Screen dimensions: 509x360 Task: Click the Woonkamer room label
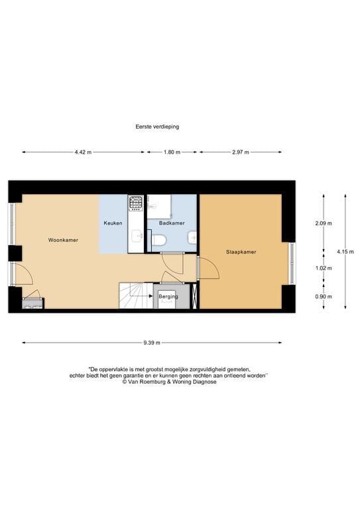(x=63, y=240)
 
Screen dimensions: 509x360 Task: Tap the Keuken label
(x=113, y=223)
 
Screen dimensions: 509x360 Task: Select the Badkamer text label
(x=172, y=223)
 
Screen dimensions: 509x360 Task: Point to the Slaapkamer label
(x=241, y=252)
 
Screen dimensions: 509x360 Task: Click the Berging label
(x=168, y=296)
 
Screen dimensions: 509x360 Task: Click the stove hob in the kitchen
(x=136, y=201)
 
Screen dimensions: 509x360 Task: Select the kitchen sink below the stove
(x=136, y=235)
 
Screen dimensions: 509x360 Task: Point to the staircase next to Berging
(x=135, y=295)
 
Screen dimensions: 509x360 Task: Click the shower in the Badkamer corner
(x=159, y=206)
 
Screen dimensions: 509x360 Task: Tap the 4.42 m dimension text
(x=83, y=152)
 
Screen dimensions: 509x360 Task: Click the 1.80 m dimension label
(x=172, y=152)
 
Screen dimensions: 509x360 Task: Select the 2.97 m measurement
(x=240, y=152)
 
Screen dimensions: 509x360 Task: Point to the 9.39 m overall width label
(x=151, y=343)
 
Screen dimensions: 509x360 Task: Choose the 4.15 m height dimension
(x=344, y=251)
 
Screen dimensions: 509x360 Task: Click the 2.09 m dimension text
(x=324, y=223)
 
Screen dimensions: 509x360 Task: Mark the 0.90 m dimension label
(x=324, y=296)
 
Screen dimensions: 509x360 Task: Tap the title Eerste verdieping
(x=156, y=126)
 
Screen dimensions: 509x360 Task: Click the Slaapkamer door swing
(x=208, y=268)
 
